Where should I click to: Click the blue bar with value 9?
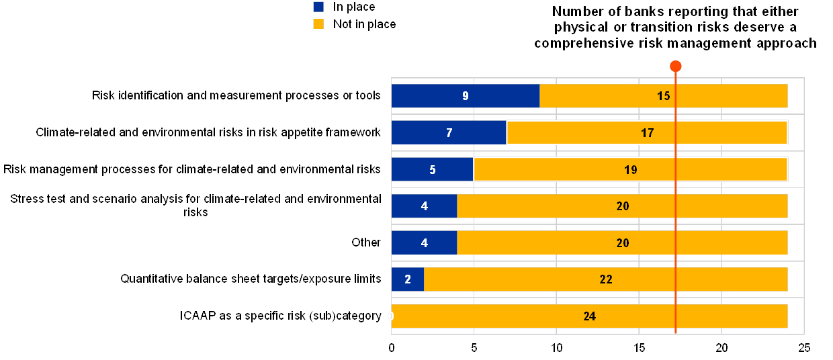pyautogui.click(x=466, y=96)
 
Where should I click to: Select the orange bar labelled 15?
pyautogui.click(x=664, y=96)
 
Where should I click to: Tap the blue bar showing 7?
pyautogui.click(x=449, y=132)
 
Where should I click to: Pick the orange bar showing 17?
pyautogui.click(x=647, y=132)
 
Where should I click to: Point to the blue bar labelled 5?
pyautogui.click(x=433, y=169)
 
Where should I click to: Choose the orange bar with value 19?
pyautogui.click(x=630, y=169)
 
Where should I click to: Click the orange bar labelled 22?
pyautogui.click(x=606, y=279)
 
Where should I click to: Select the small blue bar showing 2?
pyautogui.click(x=408, y=279)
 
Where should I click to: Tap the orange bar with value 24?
pyautogui.click(x=589, y=316)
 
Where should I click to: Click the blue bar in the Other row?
pyautogui.click(x=424, y=242)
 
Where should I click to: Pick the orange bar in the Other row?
pyautogui.click(x=622, y=242)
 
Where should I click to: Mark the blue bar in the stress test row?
pyautogui.click(x=424, y=206)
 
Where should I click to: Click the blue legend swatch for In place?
pyautogui.click(x=319, y=7)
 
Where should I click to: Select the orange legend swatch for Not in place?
pyautogui.click(x=319, y=24)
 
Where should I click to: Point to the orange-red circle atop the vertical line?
pyautogui.click(x=676, y=66)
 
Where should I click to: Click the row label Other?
pyautogui.click(x=367, y=242)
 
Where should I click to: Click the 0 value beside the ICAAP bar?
pyautogui.click(x=390, y=316)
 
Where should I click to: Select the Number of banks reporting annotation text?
pyautogui.click(x=676, y=27)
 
